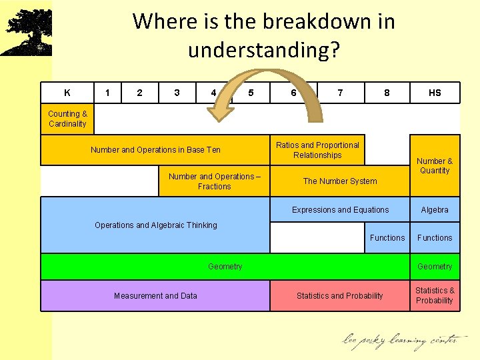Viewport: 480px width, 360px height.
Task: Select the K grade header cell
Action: click(x=67, y=93)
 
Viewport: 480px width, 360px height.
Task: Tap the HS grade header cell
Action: click(x=435, y=93)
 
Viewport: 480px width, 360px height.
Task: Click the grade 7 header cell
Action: click(x=341, y=93)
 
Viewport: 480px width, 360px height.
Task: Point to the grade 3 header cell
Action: click(x=176, y=93)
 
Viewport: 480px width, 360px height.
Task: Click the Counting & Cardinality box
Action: click(x=67, y=119)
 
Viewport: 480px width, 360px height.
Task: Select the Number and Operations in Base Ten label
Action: click(x=155, y=150)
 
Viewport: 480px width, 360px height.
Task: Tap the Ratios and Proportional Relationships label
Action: click(x=317, y=150)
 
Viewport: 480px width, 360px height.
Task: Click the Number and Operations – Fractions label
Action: click(x=214, y=181)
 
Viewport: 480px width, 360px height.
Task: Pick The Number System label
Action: click(x=340, y=181)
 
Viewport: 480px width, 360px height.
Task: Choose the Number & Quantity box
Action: click(x=435, y=165)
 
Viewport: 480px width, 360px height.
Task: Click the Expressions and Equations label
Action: click(x=340, y=210)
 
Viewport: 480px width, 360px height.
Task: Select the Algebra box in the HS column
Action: click(x=435, y=210)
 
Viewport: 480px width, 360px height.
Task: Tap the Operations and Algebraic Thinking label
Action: click(x=155, y=225)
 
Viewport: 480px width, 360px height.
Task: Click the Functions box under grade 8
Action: click(x=387, y=238)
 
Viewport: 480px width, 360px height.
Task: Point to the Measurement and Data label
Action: click(x=155, y=296)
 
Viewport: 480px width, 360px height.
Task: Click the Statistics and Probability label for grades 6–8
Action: click(x=340, y=296)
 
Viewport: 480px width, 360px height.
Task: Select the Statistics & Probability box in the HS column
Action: click(x=435, y=295)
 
